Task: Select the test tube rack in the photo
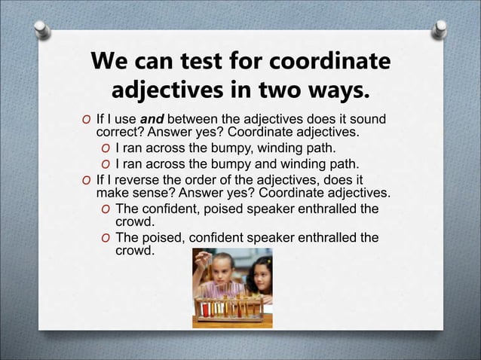pos(226,309)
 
